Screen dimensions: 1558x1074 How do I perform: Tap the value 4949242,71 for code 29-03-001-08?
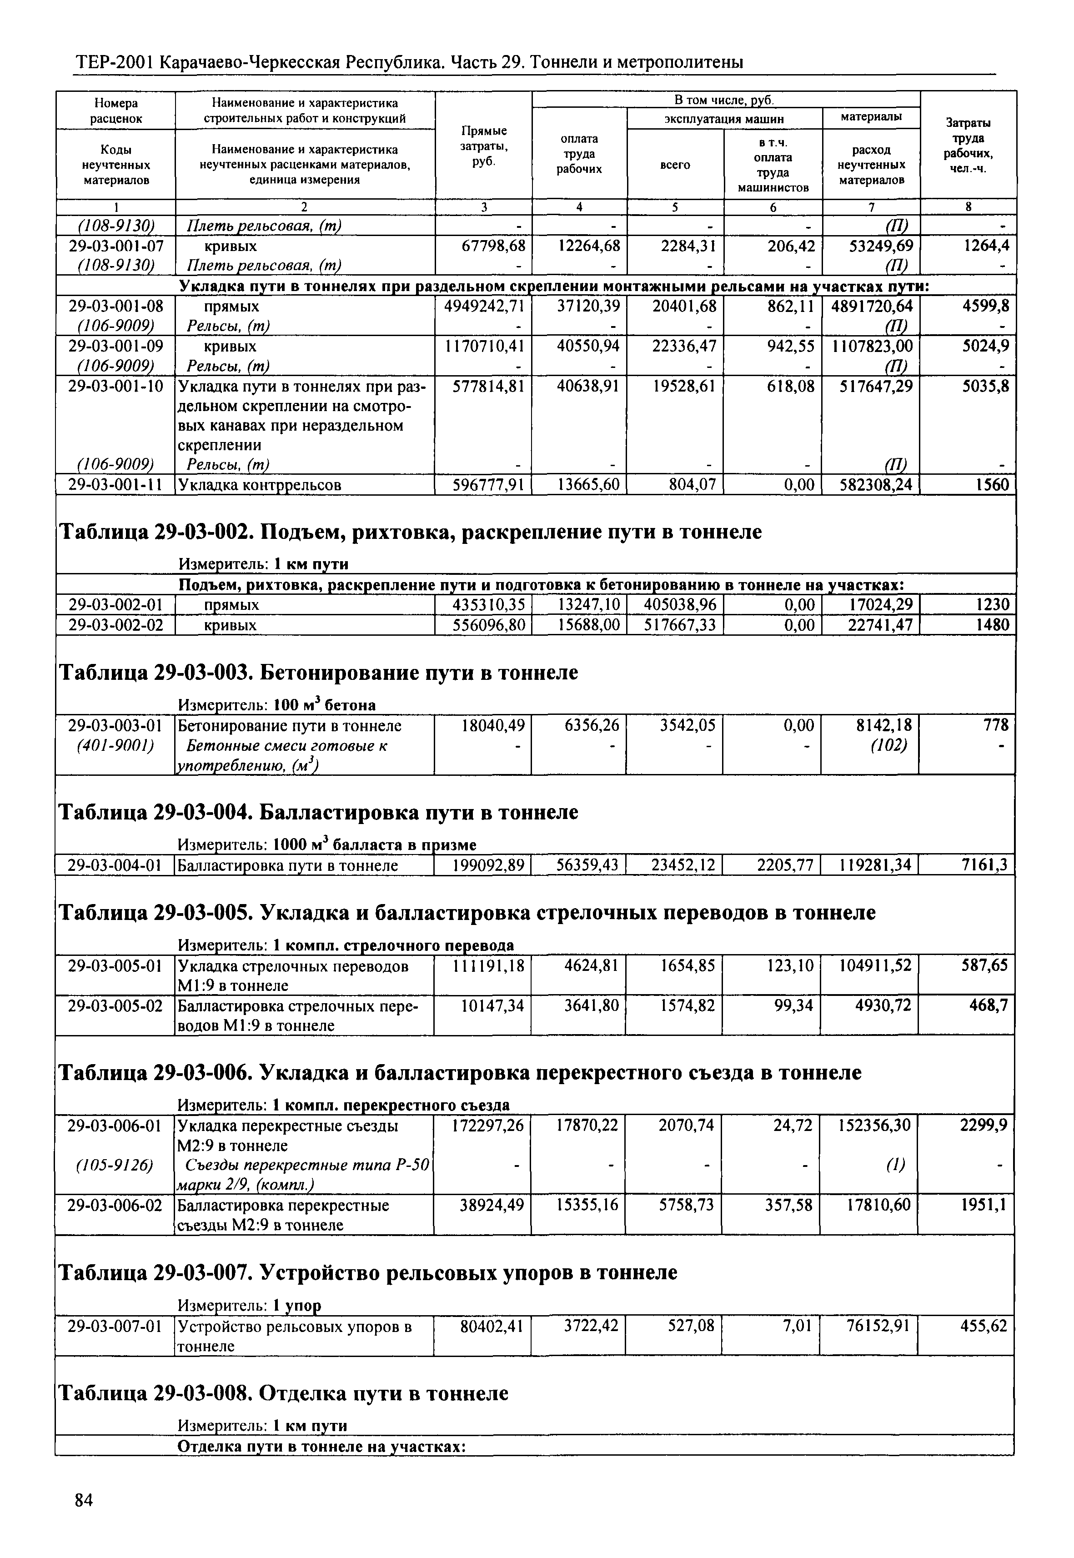click(484, 307)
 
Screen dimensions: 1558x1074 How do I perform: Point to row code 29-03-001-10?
click(116, 386)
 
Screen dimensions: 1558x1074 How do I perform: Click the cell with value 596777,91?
click(484, 485)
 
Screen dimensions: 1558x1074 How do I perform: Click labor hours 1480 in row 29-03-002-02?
click(992, 625)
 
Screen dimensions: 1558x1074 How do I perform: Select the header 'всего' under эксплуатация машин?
click(675, 165)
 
